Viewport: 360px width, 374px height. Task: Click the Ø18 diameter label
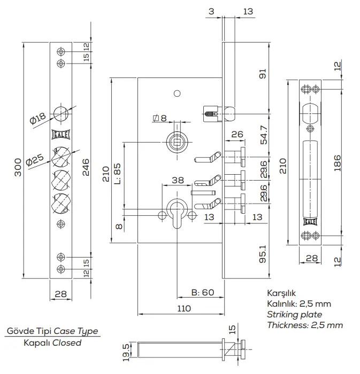pyautogui.click(x=38, y=118)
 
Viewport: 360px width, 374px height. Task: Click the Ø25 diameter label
pyautogui.click(x=35, y=160)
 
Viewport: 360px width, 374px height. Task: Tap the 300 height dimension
pyautogui.click(x=18, y=167)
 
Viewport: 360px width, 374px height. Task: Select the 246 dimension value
pyautogui.click(x=86, y=167)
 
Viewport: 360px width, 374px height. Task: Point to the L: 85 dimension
pyautogui.click(x=117, y=174)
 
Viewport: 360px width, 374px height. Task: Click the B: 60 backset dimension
pyautogui.click(x=203, y=292)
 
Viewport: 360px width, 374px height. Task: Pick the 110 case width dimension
pyautogui.click(x=184, y=309)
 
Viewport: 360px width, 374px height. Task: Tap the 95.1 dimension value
pyautogui.click(x=263, y=254)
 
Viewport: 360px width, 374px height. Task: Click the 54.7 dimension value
pyautogui.click(x=264, y=135)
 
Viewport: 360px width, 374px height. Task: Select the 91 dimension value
pyautogui.click(x=263, y=74)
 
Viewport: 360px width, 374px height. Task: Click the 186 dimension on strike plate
pyautogui.click(x=338, y=163)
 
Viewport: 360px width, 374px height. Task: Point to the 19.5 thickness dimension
pyautogui.click(x=126, y=352)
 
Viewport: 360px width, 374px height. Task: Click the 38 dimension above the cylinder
pyautogui.click(x=178, y=181)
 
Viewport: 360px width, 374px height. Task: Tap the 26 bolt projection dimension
pyautogui.click(x=237, y=134)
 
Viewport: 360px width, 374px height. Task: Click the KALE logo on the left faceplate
pyautogui.click(x=61, y=135)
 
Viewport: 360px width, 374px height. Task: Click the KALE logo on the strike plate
pyautogui.click(x=310, y=222)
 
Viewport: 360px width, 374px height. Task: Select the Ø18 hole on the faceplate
pyautogui.click(x=61, y=114)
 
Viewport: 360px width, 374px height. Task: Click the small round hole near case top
pyautogui.click(x=177, y=93)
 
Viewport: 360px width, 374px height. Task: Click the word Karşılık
pyautogui.click(x=281, y=293)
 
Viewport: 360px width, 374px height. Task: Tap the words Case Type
pyautogui.click(x=76, y=331)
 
